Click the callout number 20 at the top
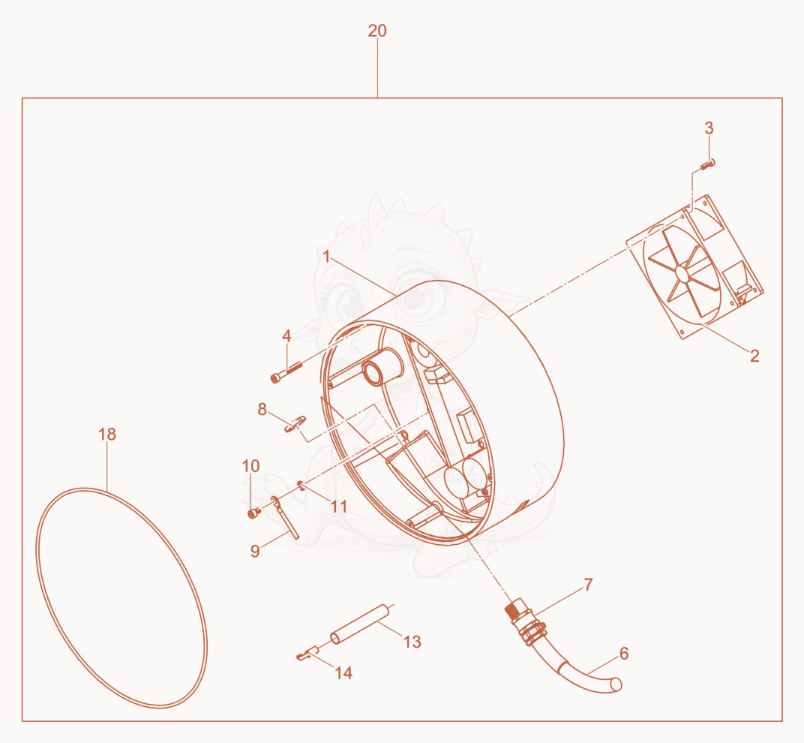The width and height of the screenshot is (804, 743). point(376,31)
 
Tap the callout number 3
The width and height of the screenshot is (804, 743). point(709,128)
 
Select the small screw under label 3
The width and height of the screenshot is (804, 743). point(707,164)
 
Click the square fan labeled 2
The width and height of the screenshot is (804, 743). point(694,267)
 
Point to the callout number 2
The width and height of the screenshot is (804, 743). point(754,356)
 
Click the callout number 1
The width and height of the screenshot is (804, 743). point(327,256)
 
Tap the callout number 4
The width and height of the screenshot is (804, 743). point(286,336)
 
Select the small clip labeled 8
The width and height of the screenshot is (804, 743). point(295,424)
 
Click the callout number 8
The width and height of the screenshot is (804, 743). point(262,409)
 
